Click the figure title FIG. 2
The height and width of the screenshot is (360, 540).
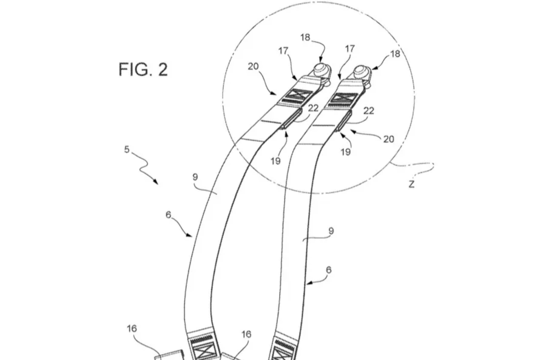coord(143,69)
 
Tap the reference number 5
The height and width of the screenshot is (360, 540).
coord(127,149)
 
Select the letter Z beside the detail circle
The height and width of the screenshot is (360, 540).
coord(412,184)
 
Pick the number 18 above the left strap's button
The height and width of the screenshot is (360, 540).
coord(305,37)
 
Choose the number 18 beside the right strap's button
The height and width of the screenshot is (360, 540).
coord(395,54)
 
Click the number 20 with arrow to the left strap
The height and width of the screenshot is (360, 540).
coord(253,66)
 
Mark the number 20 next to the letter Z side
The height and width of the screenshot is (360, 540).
coord(388,139)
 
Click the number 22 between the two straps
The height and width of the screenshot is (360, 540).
coord(313,108)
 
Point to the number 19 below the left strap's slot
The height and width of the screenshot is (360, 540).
coord(276,161)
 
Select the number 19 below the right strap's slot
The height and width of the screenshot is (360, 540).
coord(345,152)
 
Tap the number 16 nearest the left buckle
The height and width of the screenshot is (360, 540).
coord(132,328)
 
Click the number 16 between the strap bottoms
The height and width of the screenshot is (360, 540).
coord(246,334)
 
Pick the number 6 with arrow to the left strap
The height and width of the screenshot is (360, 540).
coord(168,214)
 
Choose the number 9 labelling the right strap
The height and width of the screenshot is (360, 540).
coord(331,231)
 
